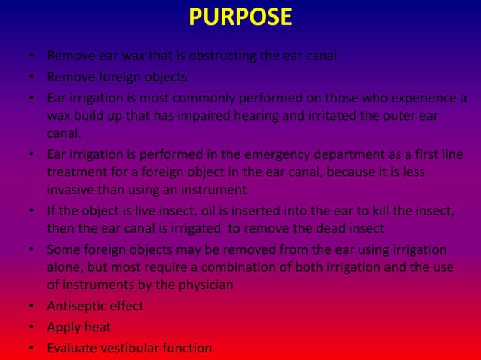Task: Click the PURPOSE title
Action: [240, 17]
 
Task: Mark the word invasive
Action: [71, 190]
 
